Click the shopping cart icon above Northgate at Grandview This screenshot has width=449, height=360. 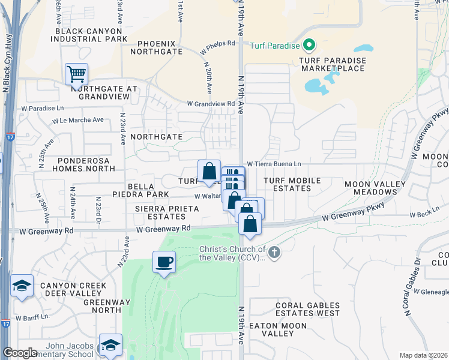pos(77,74)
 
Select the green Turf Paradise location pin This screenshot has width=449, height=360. pos(309,44)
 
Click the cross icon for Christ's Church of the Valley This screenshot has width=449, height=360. pos(274,252)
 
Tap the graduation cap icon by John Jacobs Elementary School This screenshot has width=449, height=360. pos(110,345)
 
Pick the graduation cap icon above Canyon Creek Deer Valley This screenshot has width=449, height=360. pos(22,286)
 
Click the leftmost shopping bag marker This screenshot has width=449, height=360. pos(209,171)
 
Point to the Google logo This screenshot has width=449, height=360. pos(20,353)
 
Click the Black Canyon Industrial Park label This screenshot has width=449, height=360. pos(90,35)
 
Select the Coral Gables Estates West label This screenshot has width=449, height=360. pos(307,309)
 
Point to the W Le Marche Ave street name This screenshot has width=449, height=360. pos(78,120)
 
